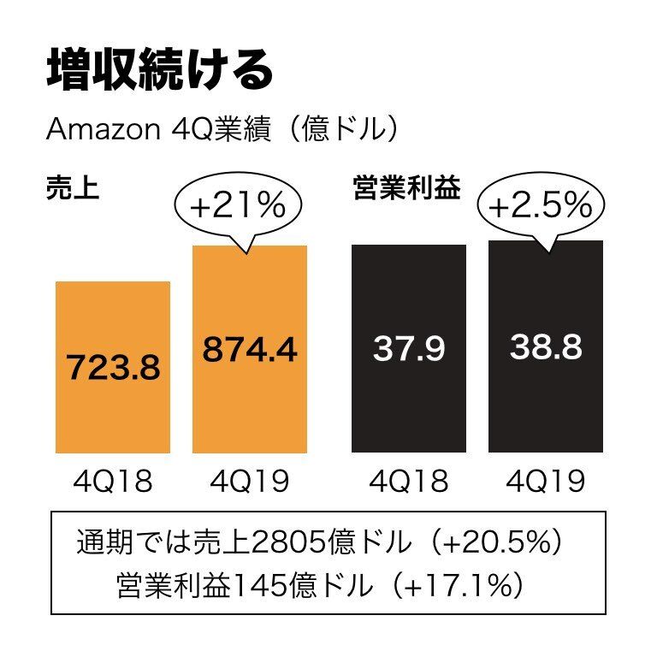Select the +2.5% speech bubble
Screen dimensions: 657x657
(540, 205)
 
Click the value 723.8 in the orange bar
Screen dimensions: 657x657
(113, 369)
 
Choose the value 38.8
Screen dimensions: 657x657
(546, 347)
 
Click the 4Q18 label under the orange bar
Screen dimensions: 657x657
(113, 482)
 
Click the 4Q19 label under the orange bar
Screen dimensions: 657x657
(250, 482)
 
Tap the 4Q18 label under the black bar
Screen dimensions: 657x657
(409, 482)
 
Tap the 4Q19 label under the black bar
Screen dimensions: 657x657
(546, 482)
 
